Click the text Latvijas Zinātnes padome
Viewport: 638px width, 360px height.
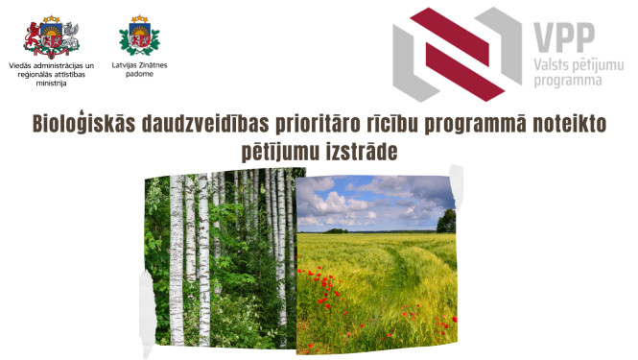coord(139,69)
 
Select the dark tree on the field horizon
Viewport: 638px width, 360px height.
coord(446,222)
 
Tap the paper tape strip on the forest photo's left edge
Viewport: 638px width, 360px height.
coord(145,288)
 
